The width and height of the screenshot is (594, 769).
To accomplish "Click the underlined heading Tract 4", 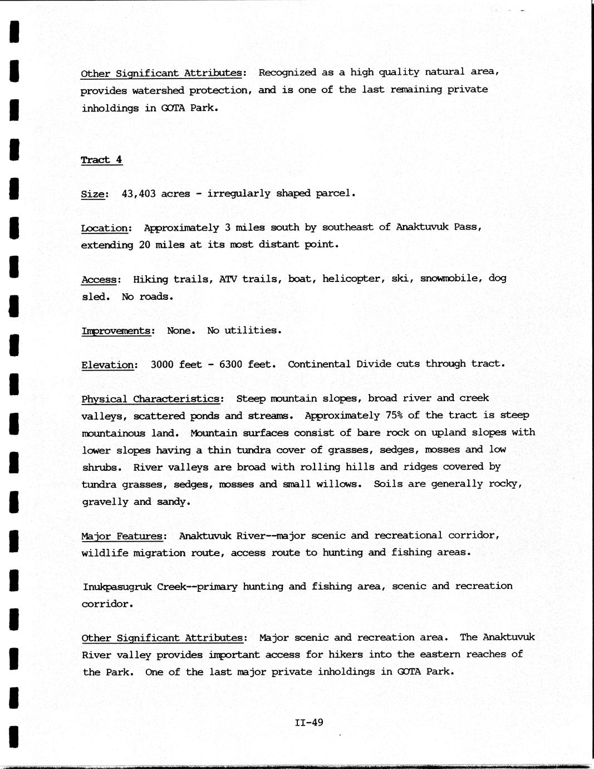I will (101, 160).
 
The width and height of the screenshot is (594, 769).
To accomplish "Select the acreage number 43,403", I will (139, 193).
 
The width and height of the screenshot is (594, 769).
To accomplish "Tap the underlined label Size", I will (92, 194).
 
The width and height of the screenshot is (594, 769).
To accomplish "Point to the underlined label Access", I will (100, 279).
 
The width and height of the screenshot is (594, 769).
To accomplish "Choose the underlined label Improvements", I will (116, 330).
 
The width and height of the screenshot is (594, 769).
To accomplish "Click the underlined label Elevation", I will (109, 365).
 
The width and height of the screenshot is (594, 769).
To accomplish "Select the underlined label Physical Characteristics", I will (151, 399).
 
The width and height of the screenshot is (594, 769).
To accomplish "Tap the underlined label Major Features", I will (123, 536).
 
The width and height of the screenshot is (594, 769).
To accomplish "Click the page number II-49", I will (309, 723).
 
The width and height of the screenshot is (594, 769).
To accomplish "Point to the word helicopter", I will (353, 279).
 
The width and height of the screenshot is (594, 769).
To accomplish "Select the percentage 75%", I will (381, 415).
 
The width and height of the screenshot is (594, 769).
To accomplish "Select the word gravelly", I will (104, 502).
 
